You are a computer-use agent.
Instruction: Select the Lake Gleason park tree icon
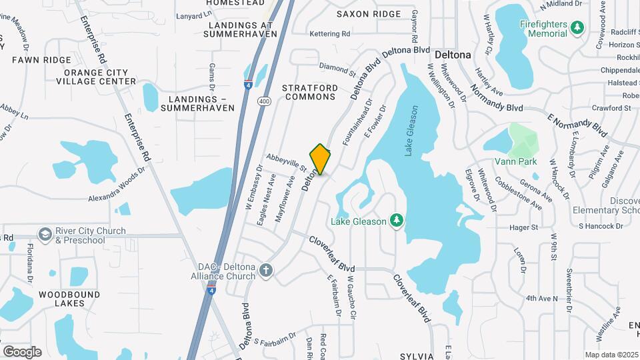397,219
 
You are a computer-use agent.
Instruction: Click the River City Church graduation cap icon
45,235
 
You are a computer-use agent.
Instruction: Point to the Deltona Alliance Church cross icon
266,270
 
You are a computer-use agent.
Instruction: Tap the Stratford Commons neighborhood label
309,92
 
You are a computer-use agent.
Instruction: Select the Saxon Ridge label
369,14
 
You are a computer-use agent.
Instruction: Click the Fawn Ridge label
41,60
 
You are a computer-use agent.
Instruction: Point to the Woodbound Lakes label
69,298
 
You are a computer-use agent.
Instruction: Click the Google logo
22,351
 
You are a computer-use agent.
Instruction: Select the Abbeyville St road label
285,163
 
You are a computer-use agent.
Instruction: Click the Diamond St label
338,69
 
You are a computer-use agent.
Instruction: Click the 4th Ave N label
541,298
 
